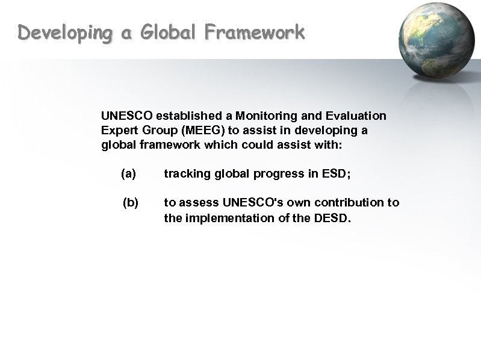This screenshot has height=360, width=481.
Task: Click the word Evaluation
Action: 357,115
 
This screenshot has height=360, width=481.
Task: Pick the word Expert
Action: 117,130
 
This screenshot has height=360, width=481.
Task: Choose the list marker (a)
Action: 128,174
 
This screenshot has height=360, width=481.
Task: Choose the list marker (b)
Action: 131,203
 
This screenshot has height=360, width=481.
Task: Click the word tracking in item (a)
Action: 184,174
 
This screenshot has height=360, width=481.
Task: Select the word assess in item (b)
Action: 199,203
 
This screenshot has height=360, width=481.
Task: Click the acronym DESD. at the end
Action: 331,217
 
